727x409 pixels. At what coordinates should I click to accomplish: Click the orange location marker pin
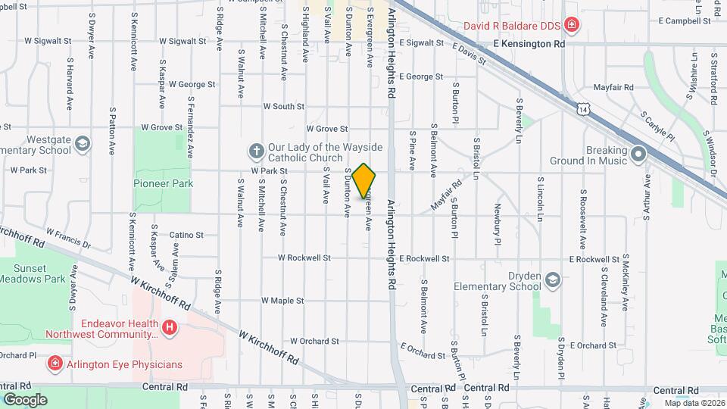click(x=364, y=181)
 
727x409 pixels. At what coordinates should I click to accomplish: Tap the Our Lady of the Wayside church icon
click(x=256, y=151)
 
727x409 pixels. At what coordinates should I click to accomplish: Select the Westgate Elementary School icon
click(x=82, y=144)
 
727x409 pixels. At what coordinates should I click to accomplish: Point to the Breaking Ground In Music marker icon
click(x=638, y=155)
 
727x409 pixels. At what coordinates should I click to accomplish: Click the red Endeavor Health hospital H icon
click(x=170, y=327)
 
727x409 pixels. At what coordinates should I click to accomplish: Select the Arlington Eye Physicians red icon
click(x=55, y=364)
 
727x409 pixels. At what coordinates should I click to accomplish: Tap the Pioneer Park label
click(x=163, y=183)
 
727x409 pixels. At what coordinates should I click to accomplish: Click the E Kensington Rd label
click(x=529, y=45)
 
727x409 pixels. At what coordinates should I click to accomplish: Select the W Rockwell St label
click(x=304, y=258)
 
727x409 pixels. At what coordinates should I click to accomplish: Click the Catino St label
click(x=186, y=235)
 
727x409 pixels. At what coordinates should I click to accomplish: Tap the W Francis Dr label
click(x=68, y=239)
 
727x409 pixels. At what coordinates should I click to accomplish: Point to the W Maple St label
click(x=282, y=300)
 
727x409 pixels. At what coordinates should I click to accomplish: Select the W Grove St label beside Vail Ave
click(x=326, y=130)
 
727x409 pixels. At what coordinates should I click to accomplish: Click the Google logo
click(x=25, y=399)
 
